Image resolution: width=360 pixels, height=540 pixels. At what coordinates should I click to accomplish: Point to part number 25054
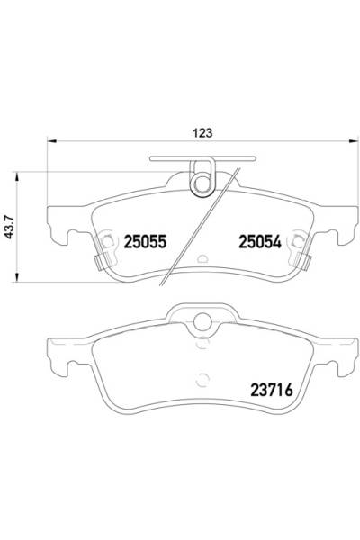tap(259, 241)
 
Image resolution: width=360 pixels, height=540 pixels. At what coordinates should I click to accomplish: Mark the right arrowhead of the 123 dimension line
tap(353, 141)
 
